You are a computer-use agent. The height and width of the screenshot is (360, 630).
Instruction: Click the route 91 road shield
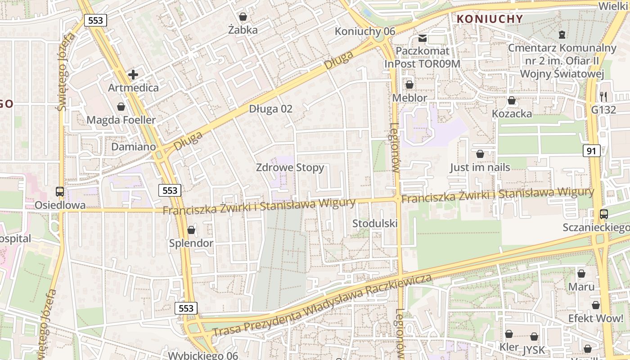tap(591, 151)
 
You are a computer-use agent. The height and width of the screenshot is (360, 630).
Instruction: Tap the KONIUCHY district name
tap(490, 19)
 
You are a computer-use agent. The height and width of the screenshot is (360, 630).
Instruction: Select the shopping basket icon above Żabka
tap(243, 17)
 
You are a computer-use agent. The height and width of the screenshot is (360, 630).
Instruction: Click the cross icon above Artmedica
tap(133, 75)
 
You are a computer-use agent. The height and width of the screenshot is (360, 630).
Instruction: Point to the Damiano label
tap(134, 147)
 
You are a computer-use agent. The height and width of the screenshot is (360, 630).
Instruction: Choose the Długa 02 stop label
tap(270, 109)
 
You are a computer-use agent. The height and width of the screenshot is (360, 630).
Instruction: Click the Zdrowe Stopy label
tap(290, 167)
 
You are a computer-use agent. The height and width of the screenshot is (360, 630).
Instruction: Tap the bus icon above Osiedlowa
tap(60, 192)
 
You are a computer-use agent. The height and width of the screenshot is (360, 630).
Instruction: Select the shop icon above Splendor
tap(191, 230)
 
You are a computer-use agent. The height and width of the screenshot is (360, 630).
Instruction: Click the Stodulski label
tap(375, 223)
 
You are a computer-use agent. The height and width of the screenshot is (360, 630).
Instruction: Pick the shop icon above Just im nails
tap(480, 154)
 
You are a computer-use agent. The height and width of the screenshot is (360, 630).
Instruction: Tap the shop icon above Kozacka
tap(512, 100)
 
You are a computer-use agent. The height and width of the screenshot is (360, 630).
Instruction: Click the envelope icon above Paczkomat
tap(423, 38)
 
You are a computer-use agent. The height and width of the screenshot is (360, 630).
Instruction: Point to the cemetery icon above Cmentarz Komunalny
tap(562, 34)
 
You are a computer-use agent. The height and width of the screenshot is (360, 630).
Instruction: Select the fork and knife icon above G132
tap(603, 96)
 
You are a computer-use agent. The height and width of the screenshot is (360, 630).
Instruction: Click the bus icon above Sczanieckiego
tap(604, 214)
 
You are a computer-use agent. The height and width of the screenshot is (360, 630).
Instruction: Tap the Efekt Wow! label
tap(595, 318)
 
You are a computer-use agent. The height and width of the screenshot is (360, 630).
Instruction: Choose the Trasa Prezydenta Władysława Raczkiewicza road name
tap(322, 305)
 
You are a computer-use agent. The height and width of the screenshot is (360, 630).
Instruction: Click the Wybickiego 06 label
tap(203, 355)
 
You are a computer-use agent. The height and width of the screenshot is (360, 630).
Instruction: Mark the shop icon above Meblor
tap(409, 85)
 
